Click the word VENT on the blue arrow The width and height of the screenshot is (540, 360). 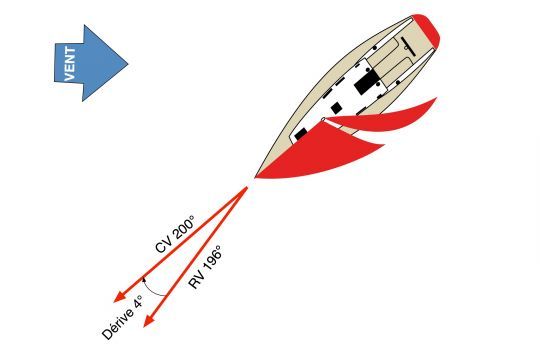(x=70, y=64)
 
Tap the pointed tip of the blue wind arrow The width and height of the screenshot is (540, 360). (x=128, y=64)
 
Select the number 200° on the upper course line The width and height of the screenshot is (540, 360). (x=184, y=227)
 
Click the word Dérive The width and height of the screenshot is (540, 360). (x=117, y=323)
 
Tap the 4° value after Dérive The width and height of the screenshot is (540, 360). (x=138, y=302)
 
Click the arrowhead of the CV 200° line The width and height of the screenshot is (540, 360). (x=119, y=297)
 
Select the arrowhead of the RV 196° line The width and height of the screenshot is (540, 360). (x=148, y=321)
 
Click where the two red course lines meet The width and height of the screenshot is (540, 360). (x=247, y=188)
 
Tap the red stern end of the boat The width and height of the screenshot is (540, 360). (x=427, y=30)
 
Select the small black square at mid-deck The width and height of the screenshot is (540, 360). (x=336, y=108)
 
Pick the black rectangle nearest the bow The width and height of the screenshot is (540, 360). (x=301, y=134)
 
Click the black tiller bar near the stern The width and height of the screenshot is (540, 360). (x=408, y=44)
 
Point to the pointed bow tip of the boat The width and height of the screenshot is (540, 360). (x=256, y=177)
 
